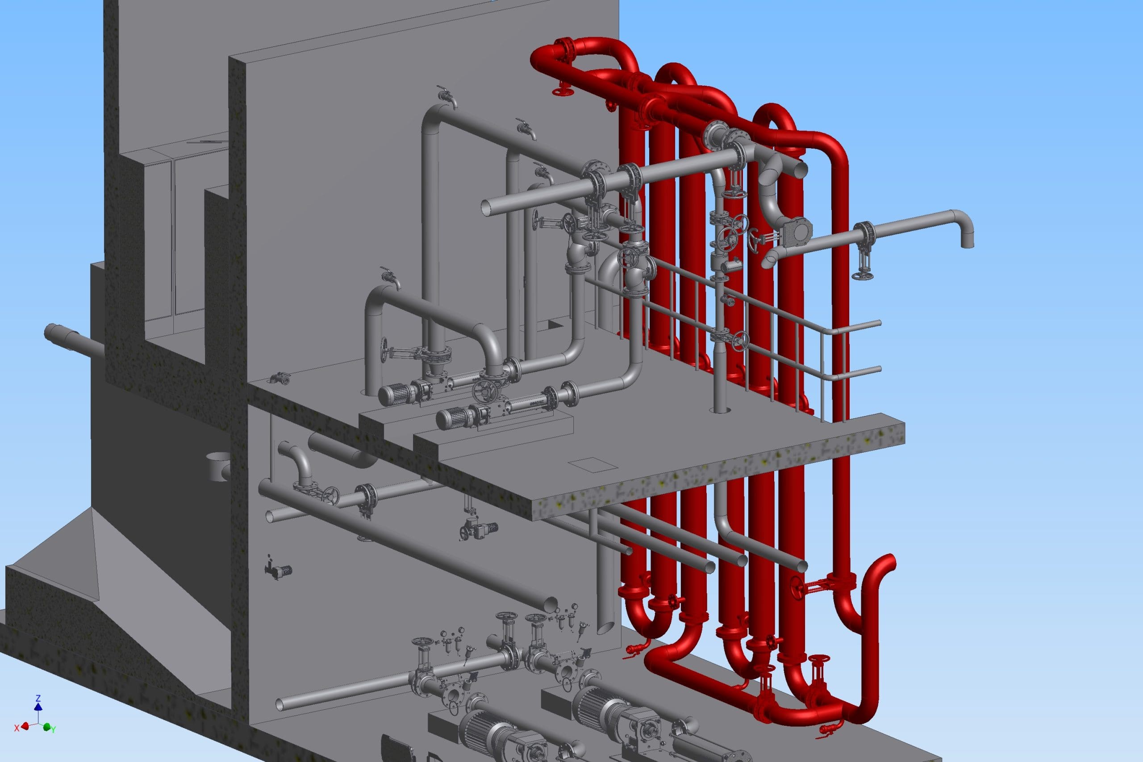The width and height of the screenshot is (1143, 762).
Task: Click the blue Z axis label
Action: [x=38, y=698]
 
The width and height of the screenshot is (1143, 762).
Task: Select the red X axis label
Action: [x=17, y=728]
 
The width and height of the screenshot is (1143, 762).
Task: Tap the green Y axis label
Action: [x=54, y=729]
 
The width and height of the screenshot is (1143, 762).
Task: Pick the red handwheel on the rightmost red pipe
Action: [x=797, y=588]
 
